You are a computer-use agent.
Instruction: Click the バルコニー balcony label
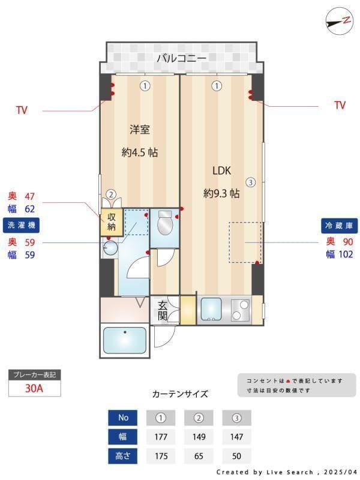(181, 58)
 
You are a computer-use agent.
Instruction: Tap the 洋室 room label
(140, 129)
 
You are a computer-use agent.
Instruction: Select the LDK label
(221, 170)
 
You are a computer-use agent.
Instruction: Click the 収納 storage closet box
(112, 221)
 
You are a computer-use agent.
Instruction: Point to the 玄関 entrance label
(163, 310)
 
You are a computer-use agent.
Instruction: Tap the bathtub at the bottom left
(124, 340)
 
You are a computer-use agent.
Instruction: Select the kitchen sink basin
(211, 310)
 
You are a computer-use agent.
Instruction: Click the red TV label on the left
(22, 110)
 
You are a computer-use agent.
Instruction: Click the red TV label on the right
(340, 106)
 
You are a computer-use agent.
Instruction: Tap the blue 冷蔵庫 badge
(339, 226)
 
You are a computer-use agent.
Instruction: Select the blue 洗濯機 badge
(22, 226)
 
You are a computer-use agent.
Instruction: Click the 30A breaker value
(34, 388)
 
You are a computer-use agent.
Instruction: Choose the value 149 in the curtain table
(199, 437)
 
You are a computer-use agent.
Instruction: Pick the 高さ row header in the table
(122, 456)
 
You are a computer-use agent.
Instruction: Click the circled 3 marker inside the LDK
(250, 182)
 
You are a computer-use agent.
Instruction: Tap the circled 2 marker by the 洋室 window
(111, 194)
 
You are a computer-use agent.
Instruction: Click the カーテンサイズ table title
(180, 394)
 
